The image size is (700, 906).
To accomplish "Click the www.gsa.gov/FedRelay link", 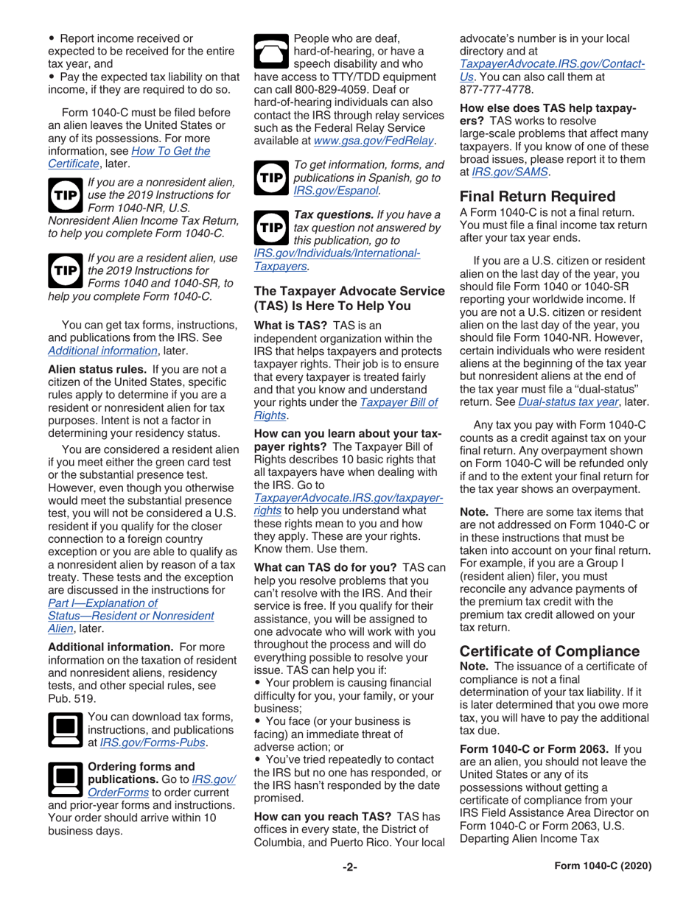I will [374, 140].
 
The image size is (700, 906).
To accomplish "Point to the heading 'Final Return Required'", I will [537, 197].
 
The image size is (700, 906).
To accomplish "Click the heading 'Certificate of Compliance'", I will [550, 651].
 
